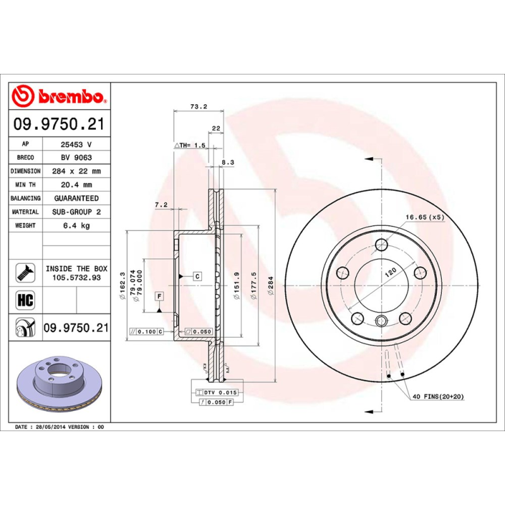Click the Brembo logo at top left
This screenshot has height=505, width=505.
[59, 96]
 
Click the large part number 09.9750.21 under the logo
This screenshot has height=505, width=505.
[59, 124]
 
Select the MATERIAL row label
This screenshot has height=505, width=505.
[25, 212]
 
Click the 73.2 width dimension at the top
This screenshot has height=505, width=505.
[199, 107]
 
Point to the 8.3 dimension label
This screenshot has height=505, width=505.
[228, 162]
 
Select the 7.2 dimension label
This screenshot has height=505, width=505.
[161, 205]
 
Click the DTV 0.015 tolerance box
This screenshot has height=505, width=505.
[215, 393]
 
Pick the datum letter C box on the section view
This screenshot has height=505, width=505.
[196, 276]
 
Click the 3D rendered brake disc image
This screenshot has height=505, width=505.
[58, 386]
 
